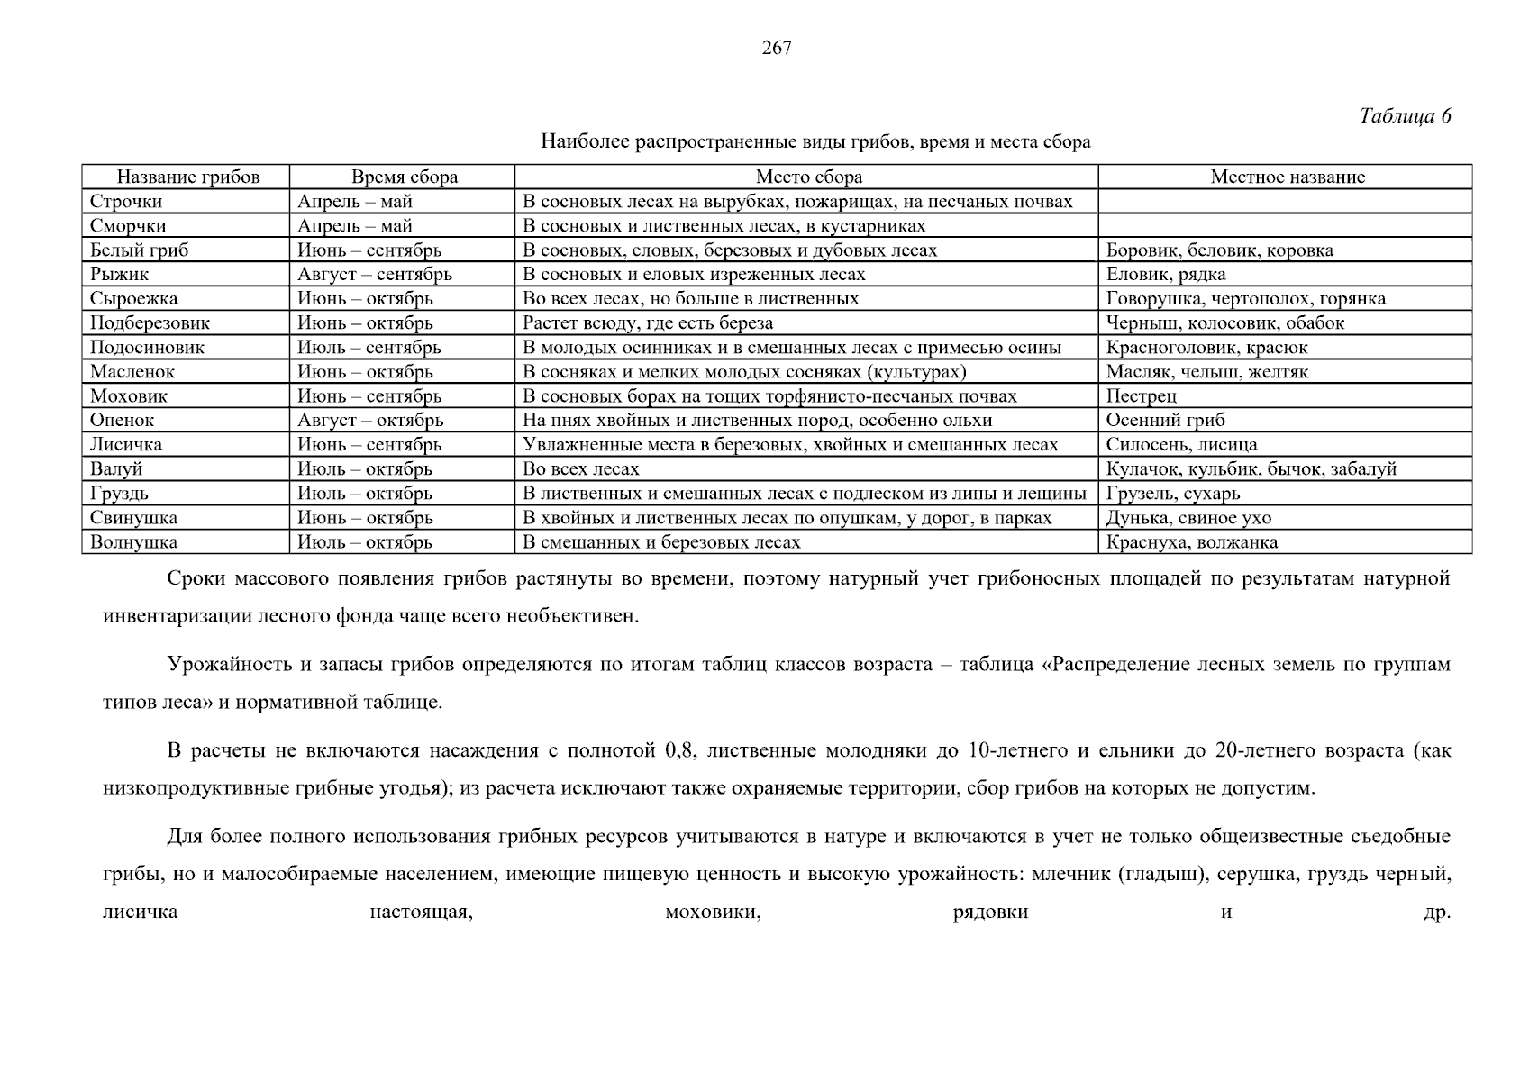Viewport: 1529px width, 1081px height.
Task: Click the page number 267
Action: (x=776, y=49)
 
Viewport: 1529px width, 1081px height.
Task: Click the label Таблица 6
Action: (x=1405, y=116)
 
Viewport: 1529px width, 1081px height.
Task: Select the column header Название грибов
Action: (x=187, y=177)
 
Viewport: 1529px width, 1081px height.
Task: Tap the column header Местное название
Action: (x=1287, y=177)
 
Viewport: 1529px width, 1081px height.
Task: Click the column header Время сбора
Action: (x=404, y=177)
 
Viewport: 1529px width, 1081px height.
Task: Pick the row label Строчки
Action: (x=126, y=202)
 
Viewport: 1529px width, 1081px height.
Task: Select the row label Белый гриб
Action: (x=139, y=250)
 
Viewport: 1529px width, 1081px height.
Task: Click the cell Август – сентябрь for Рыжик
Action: (x=375, y=275)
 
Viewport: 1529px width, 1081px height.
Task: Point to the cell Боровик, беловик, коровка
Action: (x=1219, y=250)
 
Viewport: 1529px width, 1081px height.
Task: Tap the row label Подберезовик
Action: (x=150, y=323)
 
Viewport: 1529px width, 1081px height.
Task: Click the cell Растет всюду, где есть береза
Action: (x=648, y=323)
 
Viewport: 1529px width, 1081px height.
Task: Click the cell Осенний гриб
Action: (x=1165, y=421)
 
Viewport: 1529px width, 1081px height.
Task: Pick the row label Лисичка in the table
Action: (x=126, y=445)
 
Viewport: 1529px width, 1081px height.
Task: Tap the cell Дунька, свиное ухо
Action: (x=1188, y=518)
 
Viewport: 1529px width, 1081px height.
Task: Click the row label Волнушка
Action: (x=133, y=542)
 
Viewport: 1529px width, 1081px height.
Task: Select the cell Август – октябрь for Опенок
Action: (x=370, y=421)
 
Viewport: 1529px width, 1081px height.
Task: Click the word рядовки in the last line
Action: (x=990, y=913)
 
